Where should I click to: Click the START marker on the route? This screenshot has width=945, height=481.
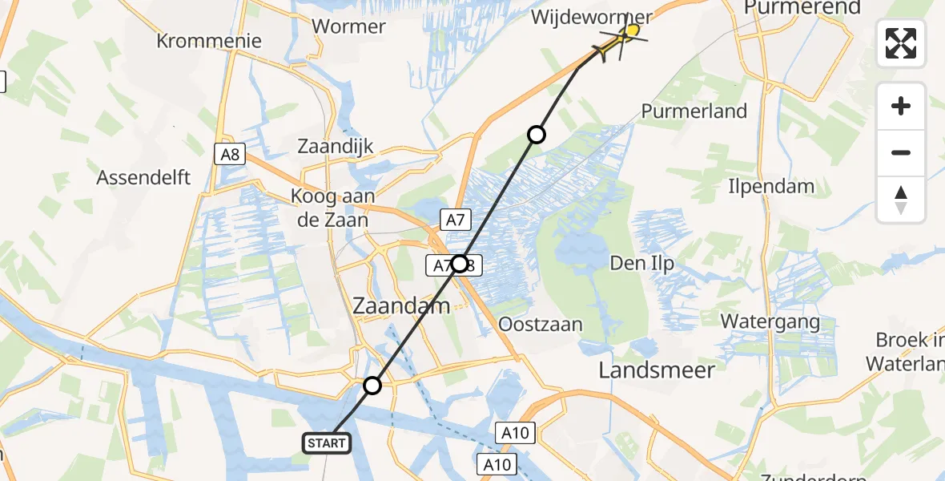pos(326,443)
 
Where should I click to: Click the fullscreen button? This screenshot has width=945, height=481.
pos(901,43)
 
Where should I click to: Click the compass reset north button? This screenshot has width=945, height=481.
pos(901,200)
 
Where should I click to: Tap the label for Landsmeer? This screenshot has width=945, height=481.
pos(657,370)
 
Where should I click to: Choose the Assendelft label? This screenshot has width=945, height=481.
pos(143,177)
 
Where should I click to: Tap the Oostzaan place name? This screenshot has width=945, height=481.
pos(540,325)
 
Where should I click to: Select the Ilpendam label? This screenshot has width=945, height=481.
pos(771,187)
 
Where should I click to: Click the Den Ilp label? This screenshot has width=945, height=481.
pos(641,262)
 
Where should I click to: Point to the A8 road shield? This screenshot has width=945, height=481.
pos(230,155)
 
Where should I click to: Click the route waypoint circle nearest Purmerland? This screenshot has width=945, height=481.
pos(537,134)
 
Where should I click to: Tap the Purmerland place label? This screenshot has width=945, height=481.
pos(694,111)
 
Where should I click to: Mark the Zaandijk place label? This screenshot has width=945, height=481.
pos(336,147)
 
